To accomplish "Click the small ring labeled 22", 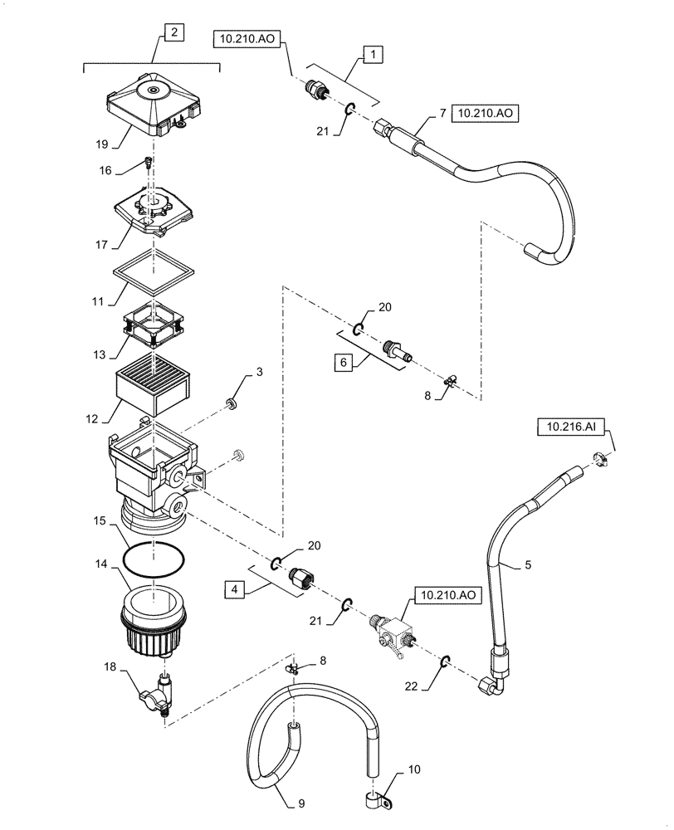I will [445, 661].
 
